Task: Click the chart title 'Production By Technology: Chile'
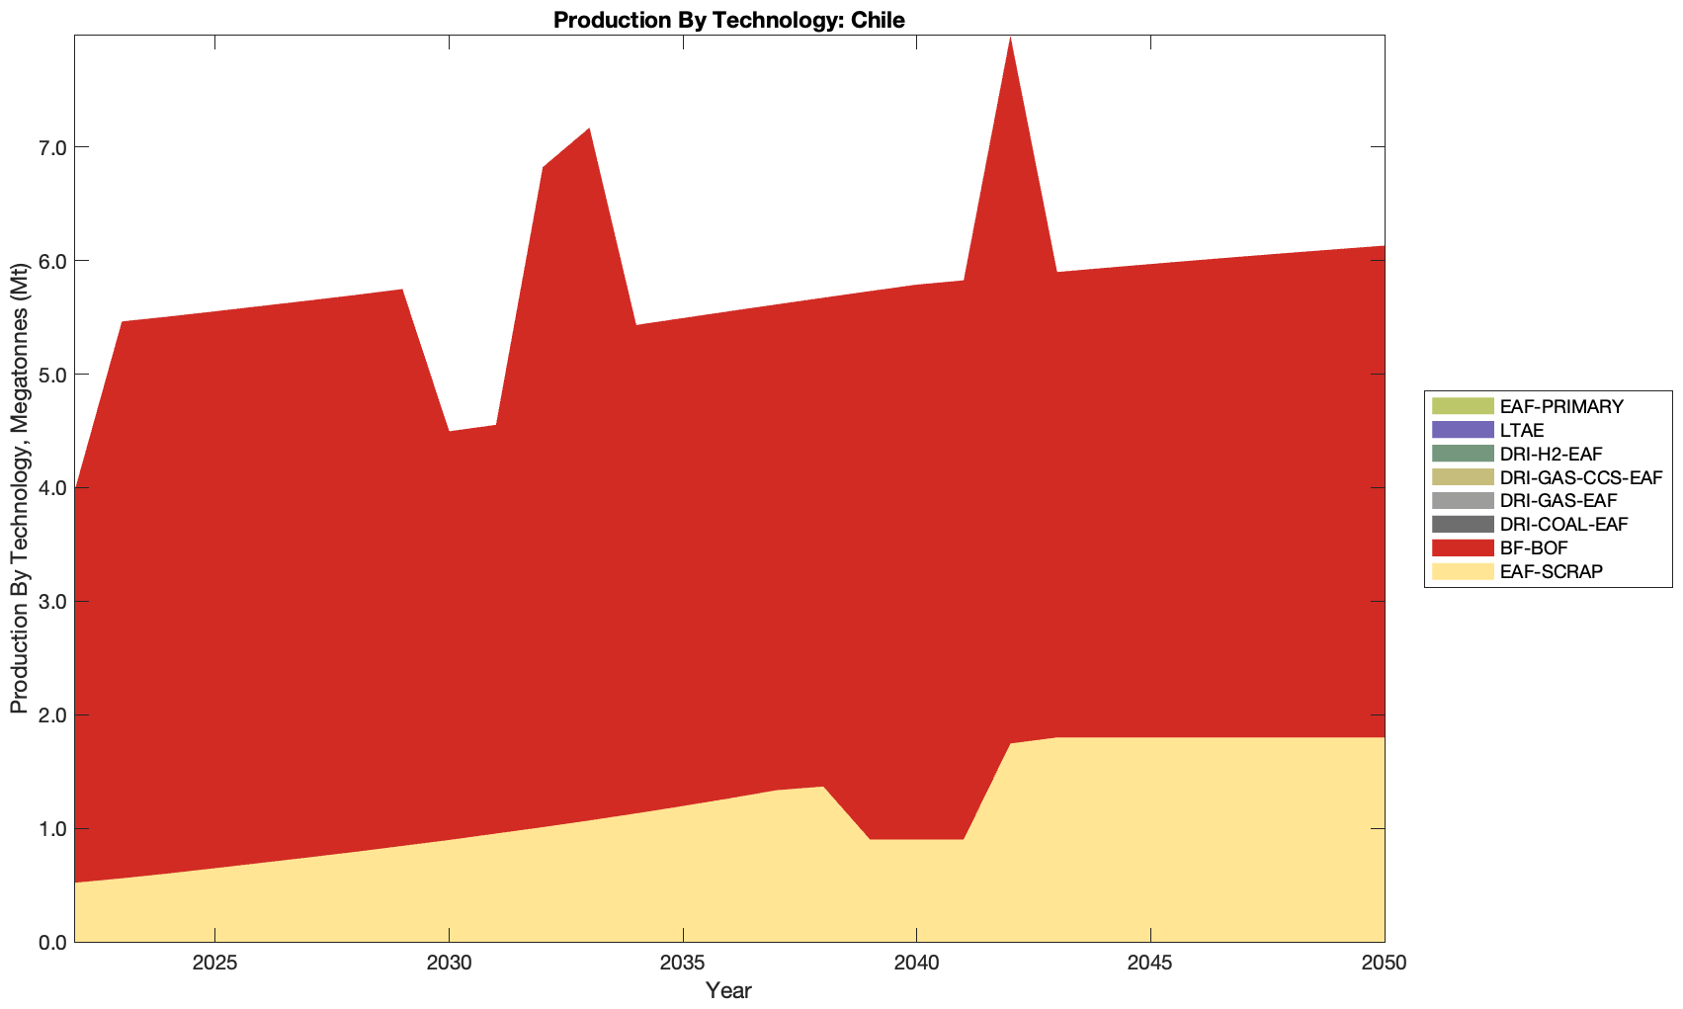(x=729, y=20)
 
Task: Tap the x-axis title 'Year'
(x=729, y=990)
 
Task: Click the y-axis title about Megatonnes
(x=20, y=488)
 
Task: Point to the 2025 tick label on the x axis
(x=214, y=964)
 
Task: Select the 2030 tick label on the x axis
(x=449, y=964)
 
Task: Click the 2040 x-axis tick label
(x=916, y=964)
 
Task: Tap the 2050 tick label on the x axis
(x=1383, y=964)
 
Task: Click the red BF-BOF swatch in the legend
(x=1462, y=547)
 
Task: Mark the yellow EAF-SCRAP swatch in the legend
(x=1462, y=571)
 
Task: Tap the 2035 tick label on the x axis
(x=682, y=964)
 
